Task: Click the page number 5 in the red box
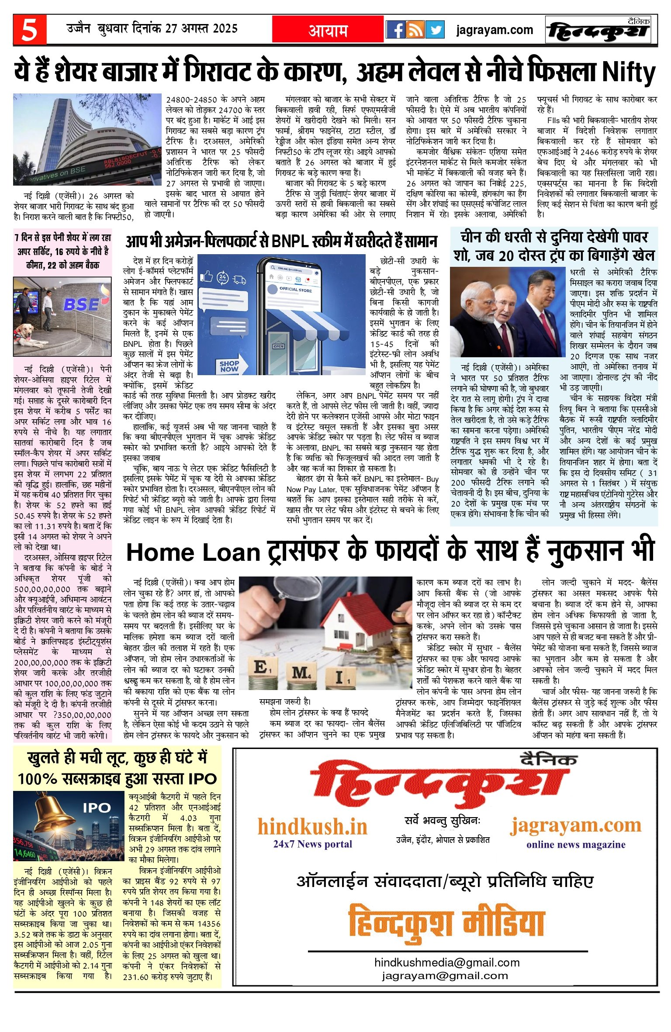tap(29, 30)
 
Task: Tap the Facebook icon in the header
tap(395, 30)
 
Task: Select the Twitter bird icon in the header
tap(435, 30)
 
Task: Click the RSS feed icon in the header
tap(415, 30)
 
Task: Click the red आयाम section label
tap(328, 30)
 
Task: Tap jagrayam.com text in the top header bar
tap(495, 30)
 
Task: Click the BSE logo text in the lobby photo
tap(82, 304)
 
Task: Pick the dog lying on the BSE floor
tap(25, 335)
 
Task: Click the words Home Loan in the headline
tap(193, 553)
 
